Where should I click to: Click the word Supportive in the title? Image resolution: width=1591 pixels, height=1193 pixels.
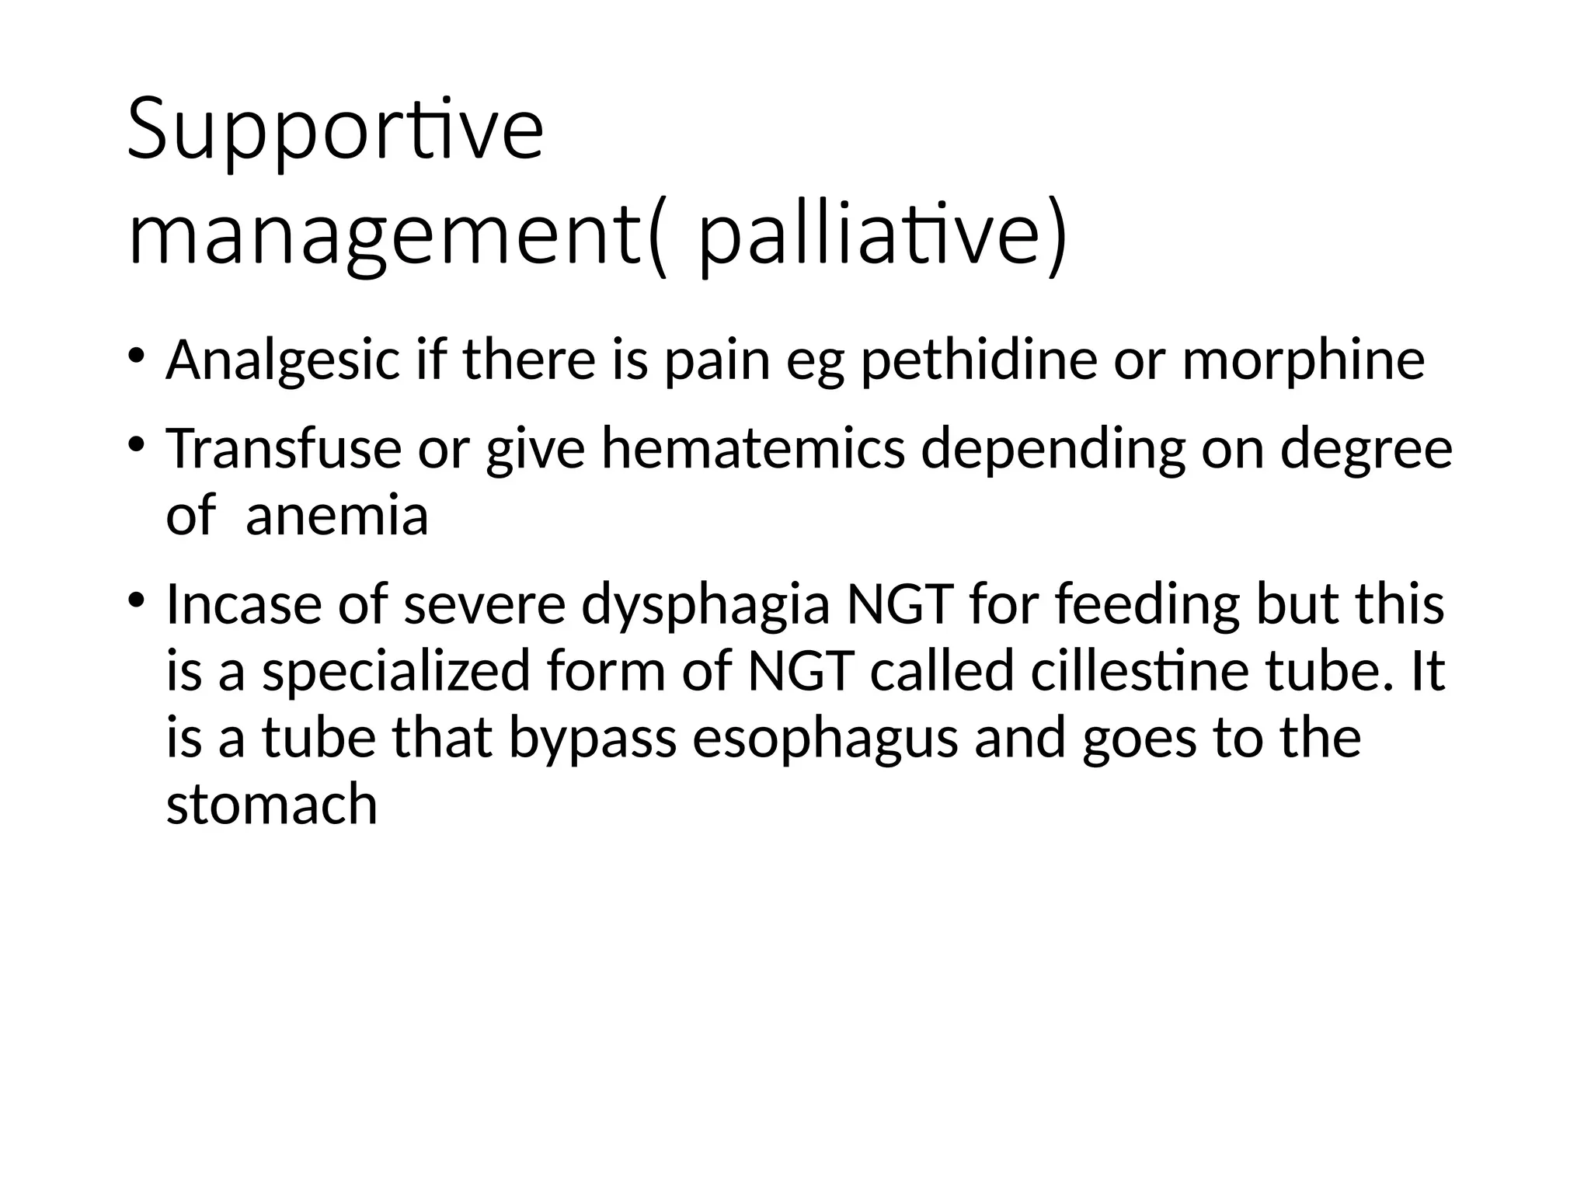tap(335, 129)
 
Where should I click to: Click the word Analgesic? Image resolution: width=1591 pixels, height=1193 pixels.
tap(282, 361)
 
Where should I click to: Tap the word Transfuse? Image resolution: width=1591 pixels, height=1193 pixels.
tap(284, 449)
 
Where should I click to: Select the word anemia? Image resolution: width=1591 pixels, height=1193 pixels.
tap(336, 516)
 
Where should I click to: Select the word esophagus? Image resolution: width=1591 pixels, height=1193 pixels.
tap(824, 739)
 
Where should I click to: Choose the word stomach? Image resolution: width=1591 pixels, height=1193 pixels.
tap(272, 805)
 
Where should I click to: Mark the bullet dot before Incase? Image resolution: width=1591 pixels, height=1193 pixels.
tap(136, 600)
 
